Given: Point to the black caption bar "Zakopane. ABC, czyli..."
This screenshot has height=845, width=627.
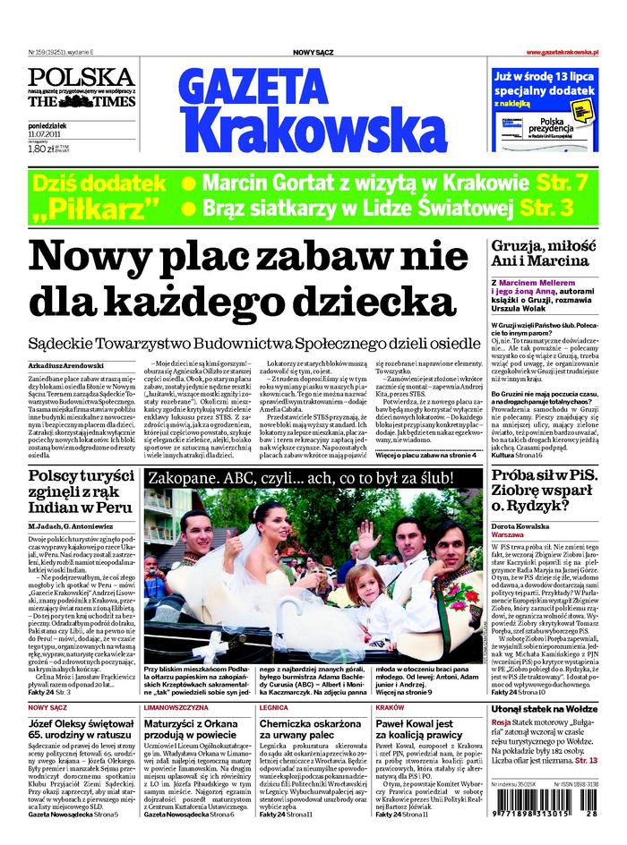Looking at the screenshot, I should point(313,477).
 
